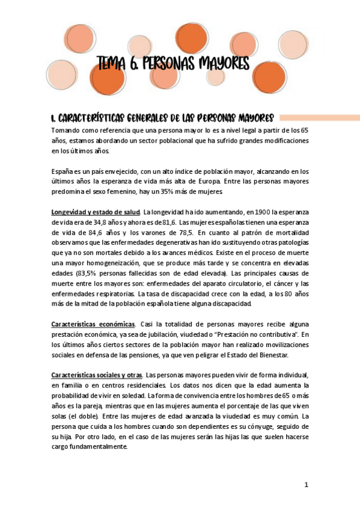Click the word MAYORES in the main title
(x=222, y=63)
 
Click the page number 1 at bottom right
(x=306, y=484)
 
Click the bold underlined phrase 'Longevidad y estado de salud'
(x=95, y=212)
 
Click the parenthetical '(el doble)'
(x=84, y=416)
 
